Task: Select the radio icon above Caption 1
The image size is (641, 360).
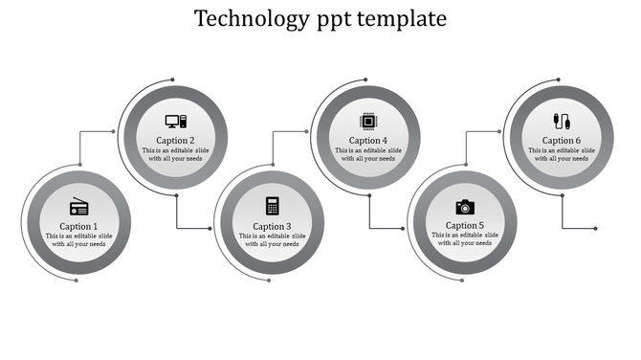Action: tap(79, 208)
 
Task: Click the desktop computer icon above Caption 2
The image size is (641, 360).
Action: tap(176, 122)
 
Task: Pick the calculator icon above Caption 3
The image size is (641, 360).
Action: tap(272, 205)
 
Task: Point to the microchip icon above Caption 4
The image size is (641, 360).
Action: tap(368, 121)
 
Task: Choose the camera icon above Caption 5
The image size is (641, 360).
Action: tap(465, 207)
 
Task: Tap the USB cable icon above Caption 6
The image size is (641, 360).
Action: tap(561, 122)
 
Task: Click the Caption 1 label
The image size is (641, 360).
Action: tap(79, 226)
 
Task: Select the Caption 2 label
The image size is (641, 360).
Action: tap(176, 141)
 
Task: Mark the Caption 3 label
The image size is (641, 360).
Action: tap(272, 226)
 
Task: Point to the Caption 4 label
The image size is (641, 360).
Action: tap(368, 141)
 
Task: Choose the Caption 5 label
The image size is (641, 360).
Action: tap(465, 226)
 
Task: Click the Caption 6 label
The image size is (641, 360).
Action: tap(562, 141)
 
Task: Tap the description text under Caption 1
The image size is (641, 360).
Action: tap(79, 240)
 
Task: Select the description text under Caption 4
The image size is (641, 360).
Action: tap(368, 155)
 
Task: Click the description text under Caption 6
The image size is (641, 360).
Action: tap(562, 155)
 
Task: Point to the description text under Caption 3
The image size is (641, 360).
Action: tap(272, 240)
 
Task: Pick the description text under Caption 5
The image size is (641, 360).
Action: tap(465, 240)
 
